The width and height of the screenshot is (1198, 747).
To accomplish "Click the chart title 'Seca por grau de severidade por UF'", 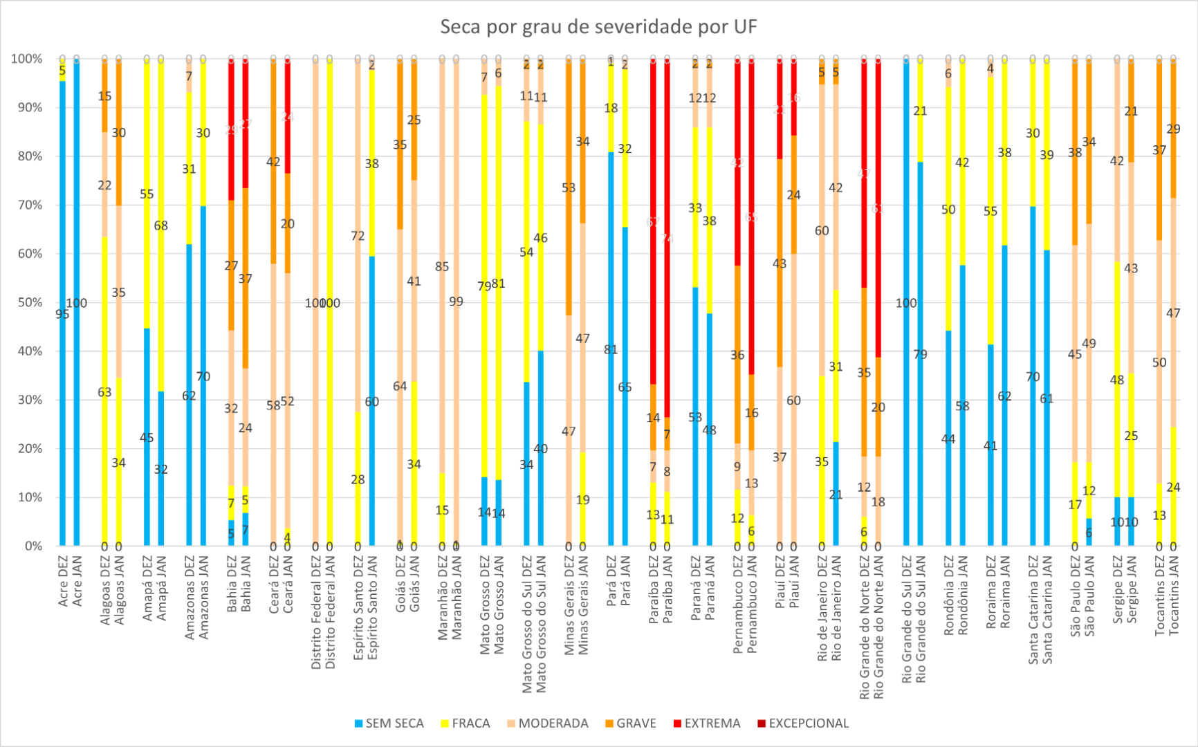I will tap(598, 27).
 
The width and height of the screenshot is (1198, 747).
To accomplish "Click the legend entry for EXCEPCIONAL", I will tap(808, 723).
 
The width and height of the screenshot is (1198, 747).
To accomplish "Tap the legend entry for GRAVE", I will tap(636, 723).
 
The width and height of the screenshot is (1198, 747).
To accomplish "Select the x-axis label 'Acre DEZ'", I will tap(63, 582).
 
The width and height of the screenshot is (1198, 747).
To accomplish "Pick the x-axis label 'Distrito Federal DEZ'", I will tap(315, 612).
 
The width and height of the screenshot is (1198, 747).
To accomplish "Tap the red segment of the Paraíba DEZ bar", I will tap(653, 221).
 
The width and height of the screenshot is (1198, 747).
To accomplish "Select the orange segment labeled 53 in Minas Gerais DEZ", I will tap(569, 187).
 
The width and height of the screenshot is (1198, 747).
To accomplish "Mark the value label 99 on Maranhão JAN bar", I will tap(456, 302).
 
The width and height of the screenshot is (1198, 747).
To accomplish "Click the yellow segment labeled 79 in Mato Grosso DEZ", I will tap(484, 286).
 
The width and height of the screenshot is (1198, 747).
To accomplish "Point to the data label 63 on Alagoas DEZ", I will tap(104, 392).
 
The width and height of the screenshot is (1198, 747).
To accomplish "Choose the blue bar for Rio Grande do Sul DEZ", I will tap(906, 303).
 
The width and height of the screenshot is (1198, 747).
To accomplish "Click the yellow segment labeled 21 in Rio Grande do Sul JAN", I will tap(920, 111).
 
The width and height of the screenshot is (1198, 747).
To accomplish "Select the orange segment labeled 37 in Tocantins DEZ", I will tap(1159, 150).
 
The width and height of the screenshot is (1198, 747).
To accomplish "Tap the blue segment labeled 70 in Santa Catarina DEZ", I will tap(1033, 377).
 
